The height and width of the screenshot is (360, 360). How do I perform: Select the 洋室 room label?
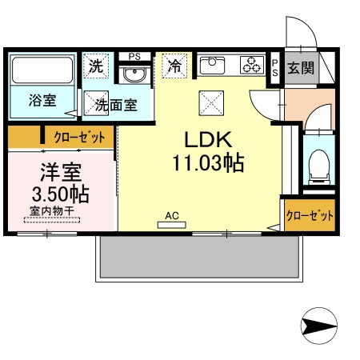59,171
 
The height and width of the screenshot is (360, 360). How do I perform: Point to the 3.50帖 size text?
59,194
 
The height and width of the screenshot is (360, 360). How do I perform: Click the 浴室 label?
42,101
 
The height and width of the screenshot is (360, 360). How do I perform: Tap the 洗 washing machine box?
97,66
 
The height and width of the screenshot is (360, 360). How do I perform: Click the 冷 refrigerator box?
174,66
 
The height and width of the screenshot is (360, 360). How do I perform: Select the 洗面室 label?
116,103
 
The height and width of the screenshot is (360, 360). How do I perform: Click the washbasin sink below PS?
135,75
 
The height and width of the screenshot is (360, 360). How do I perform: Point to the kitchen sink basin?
214,64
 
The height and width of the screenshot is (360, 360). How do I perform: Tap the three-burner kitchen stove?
251,65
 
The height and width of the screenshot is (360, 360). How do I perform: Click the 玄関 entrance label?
301,67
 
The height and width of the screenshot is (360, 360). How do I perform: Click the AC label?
171,215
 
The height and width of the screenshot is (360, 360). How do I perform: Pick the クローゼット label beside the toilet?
309,215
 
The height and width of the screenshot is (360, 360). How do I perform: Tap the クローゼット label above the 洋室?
79,138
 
